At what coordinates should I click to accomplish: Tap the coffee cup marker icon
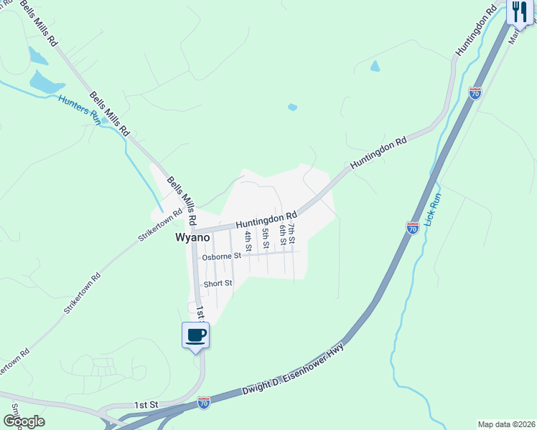pos(196,335)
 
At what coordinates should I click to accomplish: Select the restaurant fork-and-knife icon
pos(520,11)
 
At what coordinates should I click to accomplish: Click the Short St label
pos(218,283)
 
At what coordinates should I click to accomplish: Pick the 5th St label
pos(265,237)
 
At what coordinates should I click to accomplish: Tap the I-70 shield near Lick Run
pos(412,228)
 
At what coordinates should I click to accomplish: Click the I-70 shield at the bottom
pos(204,403)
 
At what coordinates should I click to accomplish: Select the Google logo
pos(24,421)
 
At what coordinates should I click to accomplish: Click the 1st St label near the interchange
pos(145,405)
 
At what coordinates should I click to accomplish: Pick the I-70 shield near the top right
pos(475,93)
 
